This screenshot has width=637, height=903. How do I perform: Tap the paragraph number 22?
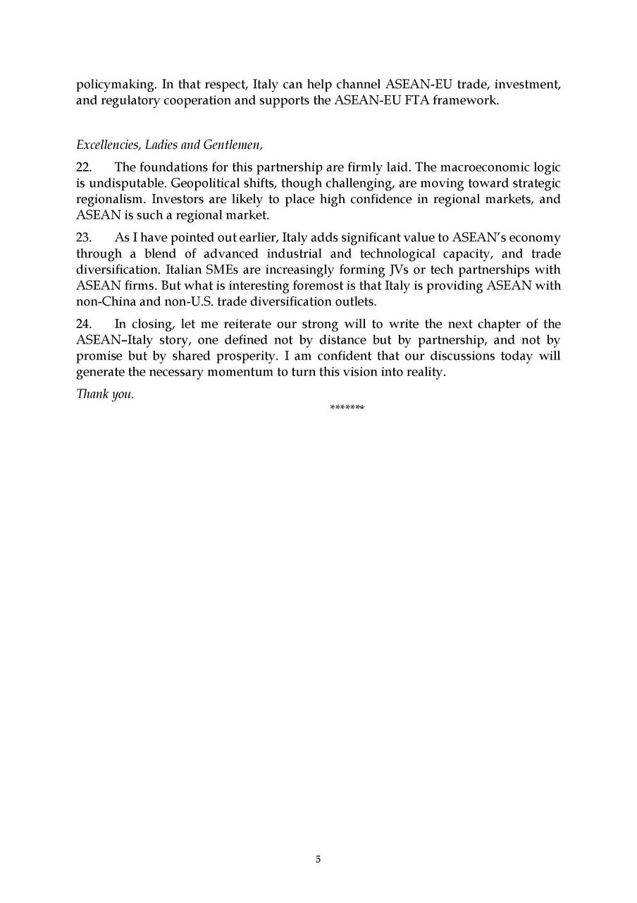click(84, 167)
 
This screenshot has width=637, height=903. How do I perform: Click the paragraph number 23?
click(84, 238)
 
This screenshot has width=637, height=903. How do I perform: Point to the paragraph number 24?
click(84, 325)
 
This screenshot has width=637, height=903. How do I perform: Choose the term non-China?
click(105, 302)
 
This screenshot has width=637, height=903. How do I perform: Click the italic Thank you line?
click(105, 394)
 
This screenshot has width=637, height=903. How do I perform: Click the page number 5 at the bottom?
click(318, 859)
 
